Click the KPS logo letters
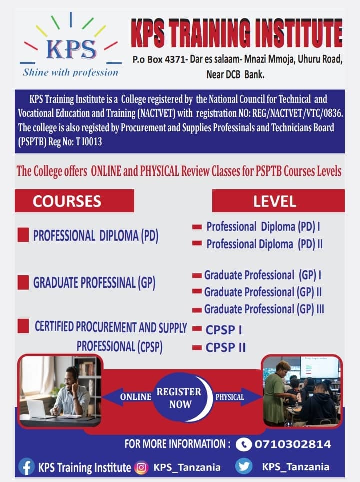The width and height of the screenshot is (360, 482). (x=71, y=49)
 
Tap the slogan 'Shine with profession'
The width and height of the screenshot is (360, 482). (x=71, y=72)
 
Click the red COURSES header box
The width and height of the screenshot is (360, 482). (x=75, y=201)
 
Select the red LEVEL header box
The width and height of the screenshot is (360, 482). (x=278, y=201)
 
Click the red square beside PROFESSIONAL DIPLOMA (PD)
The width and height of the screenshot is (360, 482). (x=23, y=235)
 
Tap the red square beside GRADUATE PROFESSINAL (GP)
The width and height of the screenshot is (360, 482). (x=23, y=282)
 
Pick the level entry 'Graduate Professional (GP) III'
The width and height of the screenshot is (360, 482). (x=264, y=309)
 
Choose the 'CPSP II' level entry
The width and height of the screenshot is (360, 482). (x=226, y=347)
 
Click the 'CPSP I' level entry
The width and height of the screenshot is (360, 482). (x=224, y=330)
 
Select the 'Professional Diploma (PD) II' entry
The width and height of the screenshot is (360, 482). (x=264, y=244)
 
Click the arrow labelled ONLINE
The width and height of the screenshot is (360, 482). (x=128, y=397)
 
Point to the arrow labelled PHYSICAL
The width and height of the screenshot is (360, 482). (x=237, y=397)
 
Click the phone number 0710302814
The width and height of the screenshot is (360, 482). (x=293, y=444)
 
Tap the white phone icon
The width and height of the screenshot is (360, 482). (x=244, y=444)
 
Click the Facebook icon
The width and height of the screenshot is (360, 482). (x=27, y=467)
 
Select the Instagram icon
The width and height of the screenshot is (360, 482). (x=141, y=467)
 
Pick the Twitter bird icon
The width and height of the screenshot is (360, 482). (x=244, y=466)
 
